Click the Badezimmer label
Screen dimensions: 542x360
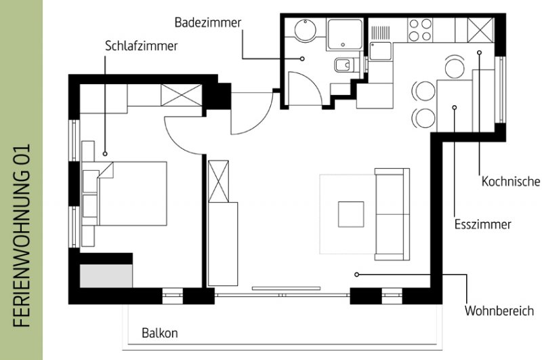[208, 22]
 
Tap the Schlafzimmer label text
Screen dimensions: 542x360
[142, 45]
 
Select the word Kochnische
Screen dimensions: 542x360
[511, 181]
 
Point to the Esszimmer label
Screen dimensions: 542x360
[482, 224]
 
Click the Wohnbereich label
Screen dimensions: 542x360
[499, 311]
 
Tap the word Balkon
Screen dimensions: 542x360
[160, 333]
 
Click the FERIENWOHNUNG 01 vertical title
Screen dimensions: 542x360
[22, 235]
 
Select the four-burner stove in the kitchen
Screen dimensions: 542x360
[419, 30]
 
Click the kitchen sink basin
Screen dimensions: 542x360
[380, 51]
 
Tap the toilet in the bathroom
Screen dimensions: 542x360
[344, 64]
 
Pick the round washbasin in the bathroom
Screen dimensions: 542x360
[306, 29]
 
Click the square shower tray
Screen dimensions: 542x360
[344, 34]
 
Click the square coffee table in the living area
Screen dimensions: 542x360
[351, 214]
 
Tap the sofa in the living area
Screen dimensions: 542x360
[392, 214]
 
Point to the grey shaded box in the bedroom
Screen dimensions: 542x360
[106, 276]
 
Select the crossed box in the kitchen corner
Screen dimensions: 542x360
[480, 30]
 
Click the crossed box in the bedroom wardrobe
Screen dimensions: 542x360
[181, 95]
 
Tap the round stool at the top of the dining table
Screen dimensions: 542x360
[454, 67]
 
